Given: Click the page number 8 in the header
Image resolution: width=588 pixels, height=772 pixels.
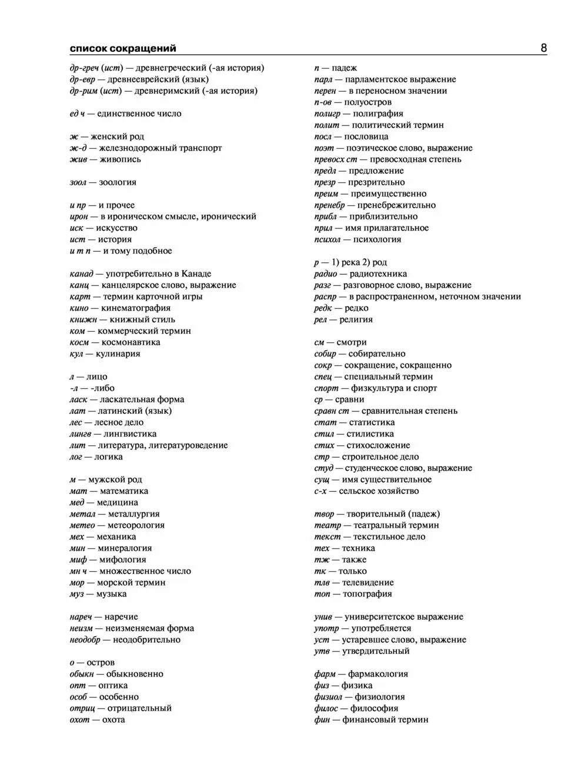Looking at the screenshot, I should pyautogui.click(x=543, y=48).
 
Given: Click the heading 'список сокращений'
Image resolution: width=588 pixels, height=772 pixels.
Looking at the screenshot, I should pyautogui.click(x=123, y=48).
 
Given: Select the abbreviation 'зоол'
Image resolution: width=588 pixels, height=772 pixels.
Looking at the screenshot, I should pyautogui.click(x=78, y=182).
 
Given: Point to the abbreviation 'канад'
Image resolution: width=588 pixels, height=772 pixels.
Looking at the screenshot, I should pyautogui.click(x=82, y=274).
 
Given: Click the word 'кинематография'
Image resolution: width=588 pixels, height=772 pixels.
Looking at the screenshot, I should pyautogui.click(x=136, y=308).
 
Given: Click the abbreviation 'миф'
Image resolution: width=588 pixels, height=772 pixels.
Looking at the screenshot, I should pyautogui.click(x=78, y=560).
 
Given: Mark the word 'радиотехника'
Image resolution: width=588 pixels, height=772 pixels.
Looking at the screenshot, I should pyautogui.click(x=378, y=274).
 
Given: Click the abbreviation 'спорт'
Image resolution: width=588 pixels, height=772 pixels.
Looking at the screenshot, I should pyautogui.click(x=326, y=388).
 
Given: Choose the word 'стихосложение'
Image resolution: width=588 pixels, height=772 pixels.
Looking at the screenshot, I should pyautogui.click(x=378, y=445).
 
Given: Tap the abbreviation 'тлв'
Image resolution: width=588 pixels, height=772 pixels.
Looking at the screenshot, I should pyautogui.click(x=322, y=583).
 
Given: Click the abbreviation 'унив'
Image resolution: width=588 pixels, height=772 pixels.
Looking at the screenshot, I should pyautogui.click(x=324, y=617).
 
